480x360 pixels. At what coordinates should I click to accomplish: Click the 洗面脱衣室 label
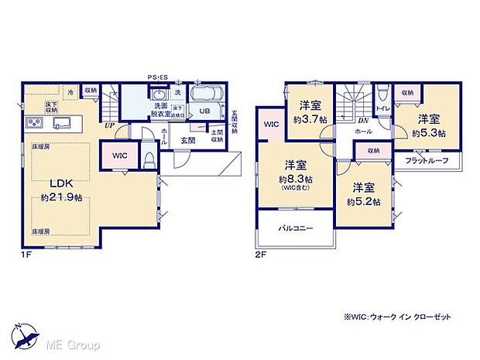(x=163, y=108)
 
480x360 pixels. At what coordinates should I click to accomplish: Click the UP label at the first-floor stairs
(x=110, y=125)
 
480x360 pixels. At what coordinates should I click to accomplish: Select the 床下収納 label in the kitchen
(x=52, y=108)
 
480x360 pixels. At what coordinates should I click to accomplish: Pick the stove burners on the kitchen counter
(x=35, y=124)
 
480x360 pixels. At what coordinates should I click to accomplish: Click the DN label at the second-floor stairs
(x=363, y=121)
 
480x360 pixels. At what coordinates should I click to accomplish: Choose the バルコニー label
(x=293, y=230)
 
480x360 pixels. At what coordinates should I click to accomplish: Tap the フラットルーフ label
(x=427, y=161)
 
